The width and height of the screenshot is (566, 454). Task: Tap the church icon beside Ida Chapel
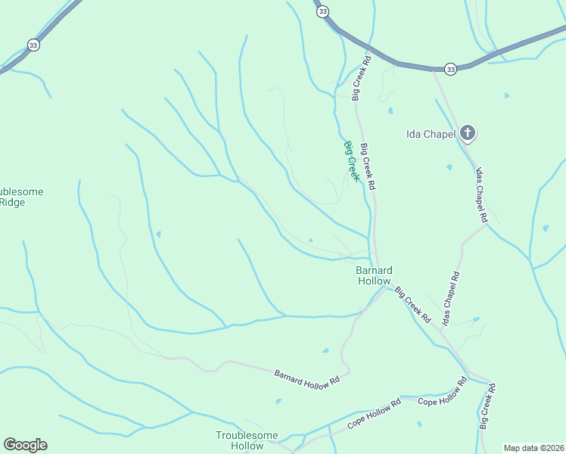pos(468,134)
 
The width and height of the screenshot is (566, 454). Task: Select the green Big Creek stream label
pos(351,160)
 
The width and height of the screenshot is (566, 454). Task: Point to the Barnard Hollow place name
pos(374,275)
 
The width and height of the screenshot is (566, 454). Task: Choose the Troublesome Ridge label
pos(19,197)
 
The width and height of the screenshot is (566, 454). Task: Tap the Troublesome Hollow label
pos(247,440)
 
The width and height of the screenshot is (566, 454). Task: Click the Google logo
pos(25,445)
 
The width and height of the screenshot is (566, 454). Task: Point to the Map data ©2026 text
pos(533,447)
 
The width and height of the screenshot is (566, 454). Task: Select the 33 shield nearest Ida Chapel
pos(450,69)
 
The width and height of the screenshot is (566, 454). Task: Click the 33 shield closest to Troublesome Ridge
pos(33,45)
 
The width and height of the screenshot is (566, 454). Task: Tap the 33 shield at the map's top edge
pos(323,11)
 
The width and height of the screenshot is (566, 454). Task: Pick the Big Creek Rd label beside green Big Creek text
pos(369,166)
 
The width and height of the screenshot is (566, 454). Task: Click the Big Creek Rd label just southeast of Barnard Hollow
pos(412,305)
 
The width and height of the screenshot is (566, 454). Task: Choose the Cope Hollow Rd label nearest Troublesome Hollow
pos(373,415)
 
